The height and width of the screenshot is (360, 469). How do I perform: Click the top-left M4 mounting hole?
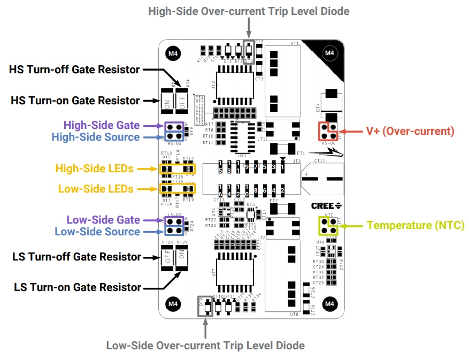173,53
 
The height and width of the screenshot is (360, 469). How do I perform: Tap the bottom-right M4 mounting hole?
329,303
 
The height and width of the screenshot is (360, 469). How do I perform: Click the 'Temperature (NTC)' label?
416,225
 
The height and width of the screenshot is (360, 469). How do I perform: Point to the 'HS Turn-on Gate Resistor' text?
75,101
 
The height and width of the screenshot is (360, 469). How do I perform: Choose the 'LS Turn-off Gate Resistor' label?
76,257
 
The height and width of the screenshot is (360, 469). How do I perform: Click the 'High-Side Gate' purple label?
102,125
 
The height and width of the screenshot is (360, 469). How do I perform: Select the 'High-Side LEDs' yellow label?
94,168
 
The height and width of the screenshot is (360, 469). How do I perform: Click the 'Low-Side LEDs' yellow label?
95,189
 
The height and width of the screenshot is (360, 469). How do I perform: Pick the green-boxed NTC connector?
329,226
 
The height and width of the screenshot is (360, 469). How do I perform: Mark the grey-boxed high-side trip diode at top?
249,51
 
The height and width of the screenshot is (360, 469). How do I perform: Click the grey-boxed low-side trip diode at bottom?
205,307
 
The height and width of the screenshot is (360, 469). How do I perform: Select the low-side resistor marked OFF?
167,260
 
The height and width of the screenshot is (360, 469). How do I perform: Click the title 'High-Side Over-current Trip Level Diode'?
249,11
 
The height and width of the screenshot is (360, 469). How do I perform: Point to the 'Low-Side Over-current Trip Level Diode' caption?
205,346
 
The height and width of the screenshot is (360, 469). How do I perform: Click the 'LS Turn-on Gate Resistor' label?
78,288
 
